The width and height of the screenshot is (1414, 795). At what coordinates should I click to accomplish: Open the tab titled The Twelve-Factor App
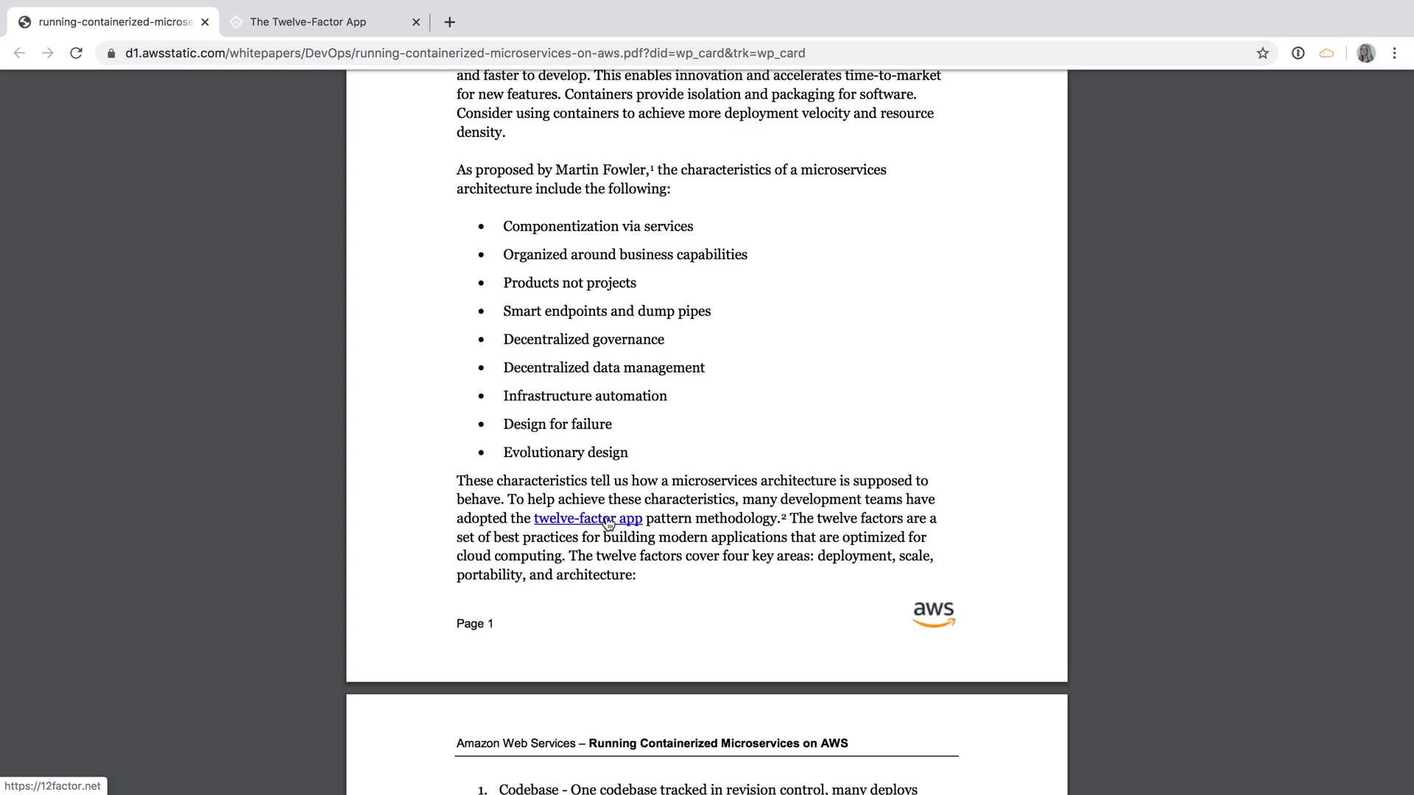308,22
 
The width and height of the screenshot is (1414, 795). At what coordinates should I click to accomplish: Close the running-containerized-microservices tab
205,22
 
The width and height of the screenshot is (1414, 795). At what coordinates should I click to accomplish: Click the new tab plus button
450,22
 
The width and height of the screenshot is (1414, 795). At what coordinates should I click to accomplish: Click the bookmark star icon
1263,53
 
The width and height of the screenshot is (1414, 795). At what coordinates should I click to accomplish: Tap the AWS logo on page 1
933,614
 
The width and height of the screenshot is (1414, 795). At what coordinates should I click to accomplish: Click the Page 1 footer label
475,623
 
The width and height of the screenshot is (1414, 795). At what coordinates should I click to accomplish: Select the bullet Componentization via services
597,227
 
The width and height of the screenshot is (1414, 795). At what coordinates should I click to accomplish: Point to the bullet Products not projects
569,283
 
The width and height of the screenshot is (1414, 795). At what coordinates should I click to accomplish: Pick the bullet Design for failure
557,425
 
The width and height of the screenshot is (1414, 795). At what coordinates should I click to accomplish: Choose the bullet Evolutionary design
565,453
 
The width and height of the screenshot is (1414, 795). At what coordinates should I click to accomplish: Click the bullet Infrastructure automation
585,396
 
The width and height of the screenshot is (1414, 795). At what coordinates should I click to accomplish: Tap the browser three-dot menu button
1394,53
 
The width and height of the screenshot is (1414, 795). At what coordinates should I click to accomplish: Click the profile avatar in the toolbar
1366,53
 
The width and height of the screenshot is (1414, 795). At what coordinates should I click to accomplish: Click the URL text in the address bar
465,53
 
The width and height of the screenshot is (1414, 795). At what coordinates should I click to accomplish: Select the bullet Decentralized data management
603,368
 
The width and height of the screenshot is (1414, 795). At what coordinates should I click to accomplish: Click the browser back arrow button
20,53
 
